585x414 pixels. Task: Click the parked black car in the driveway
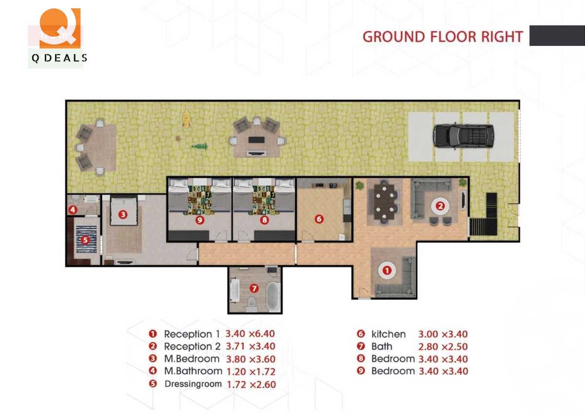(463, 135)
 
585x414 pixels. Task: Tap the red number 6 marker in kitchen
(319, 219)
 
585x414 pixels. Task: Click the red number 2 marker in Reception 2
(440, 206)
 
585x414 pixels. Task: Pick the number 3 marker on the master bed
(123, 214)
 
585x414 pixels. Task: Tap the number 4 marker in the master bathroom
(73, 210)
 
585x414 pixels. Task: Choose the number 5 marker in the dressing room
(85, 240)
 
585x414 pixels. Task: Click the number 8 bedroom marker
(264, 220)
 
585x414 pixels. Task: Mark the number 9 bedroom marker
(199, 220)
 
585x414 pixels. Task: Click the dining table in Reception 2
(385, 201)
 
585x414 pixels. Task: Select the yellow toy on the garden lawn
(186, 118)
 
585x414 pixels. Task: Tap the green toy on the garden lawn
(199, 146)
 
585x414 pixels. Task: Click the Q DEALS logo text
(59, 58)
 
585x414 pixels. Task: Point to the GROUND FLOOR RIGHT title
(442, 37)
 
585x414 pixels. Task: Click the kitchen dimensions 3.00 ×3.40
(443, 334)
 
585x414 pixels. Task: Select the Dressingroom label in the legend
(193, 384)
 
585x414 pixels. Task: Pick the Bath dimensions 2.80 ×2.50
(443, 347)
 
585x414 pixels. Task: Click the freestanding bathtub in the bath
(273, 296)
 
